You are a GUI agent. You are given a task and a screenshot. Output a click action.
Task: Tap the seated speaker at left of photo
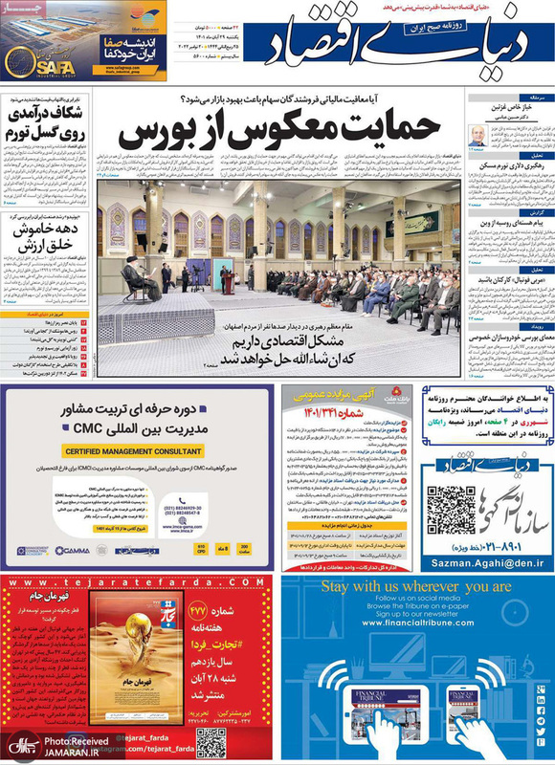coord(130,277)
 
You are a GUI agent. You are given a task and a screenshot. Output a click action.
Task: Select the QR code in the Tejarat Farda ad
coord(211,741)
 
